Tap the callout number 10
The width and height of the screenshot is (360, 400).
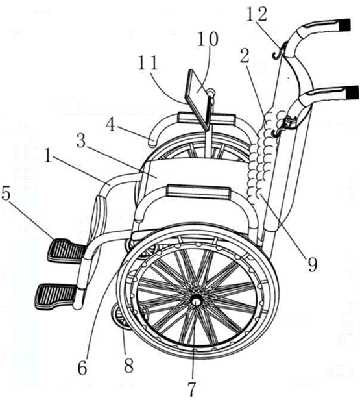208,39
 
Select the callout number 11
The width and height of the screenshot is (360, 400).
148,62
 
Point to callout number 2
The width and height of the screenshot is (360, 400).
245,56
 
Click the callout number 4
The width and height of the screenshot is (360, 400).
110,124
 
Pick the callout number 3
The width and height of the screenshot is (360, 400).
81,142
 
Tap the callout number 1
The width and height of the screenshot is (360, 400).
47,156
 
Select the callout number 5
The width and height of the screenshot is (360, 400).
6,195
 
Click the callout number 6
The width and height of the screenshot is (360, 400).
82,368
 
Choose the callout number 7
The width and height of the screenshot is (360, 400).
193,390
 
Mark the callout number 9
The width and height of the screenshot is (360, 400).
313,264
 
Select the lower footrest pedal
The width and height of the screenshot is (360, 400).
56,296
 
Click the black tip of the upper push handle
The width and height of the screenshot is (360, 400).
346,25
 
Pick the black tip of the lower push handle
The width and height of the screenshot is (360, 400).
353,92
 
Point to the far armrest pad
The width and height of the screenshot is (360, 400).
206,118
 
